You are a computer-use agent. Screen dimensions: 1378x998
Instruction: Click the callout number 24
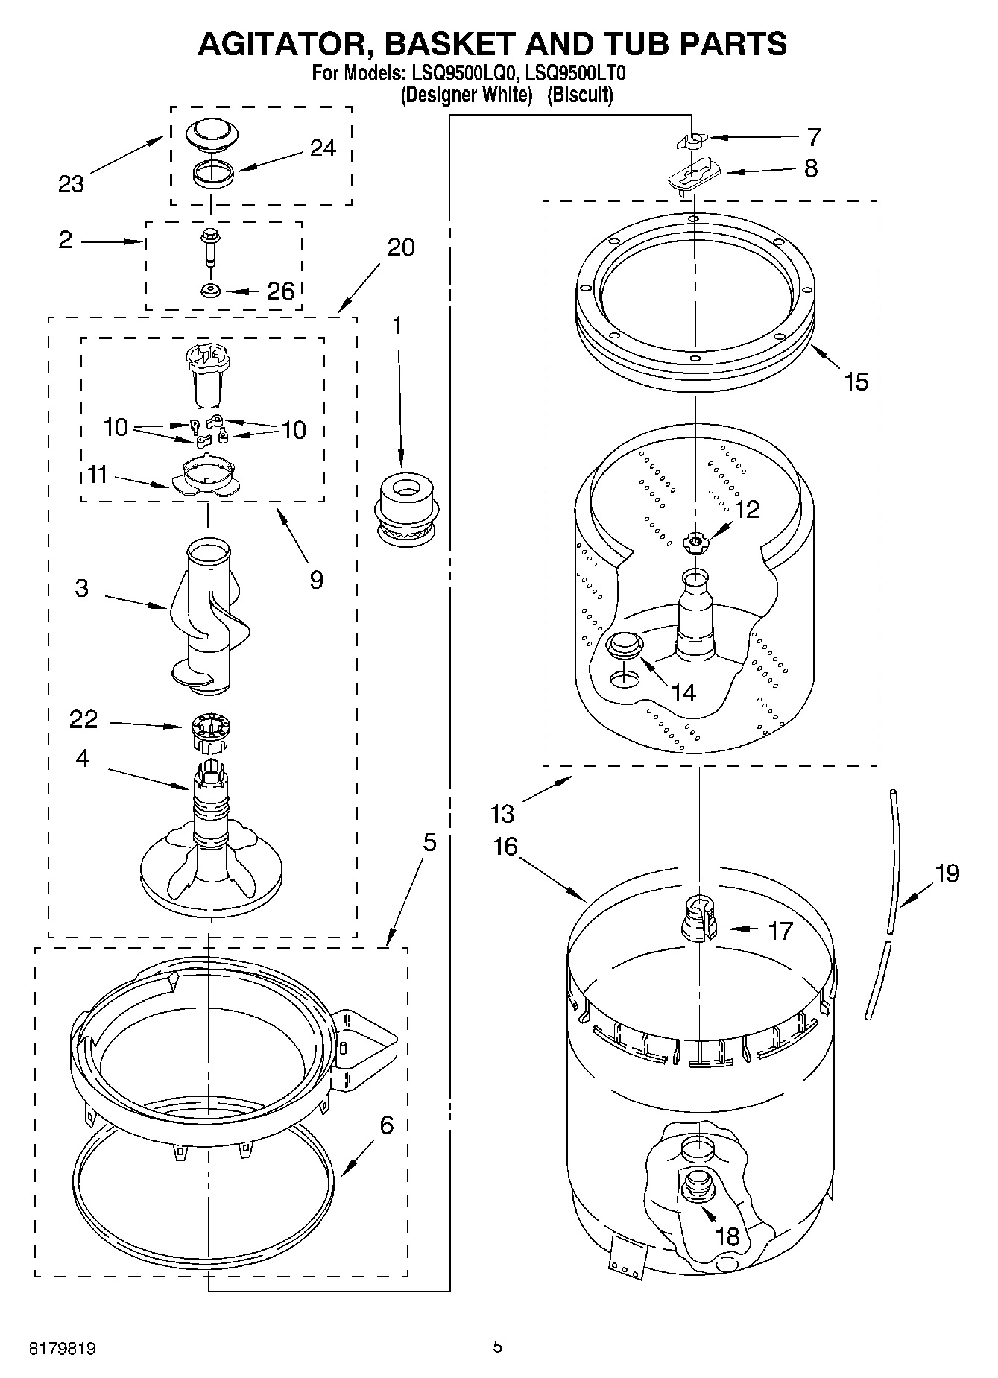pyautogui.click(x=322, y=148)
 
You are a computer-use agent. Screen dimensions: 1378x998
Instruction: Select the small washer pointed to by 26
pyautogui.click(x=211, y=290)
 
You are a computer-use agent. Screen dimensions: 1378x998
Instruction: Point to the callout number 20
pyautogui.click(x=401, y=247)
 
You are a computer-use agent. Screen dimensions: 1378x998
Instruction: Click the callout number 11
pyautogui.click(x=97, y=475)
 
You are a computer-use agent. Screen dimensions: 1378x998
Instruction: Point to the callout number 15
pyautogui.click(x=856, y=382)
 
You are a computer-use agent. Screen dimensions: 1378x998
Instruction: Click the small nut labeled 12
pyautogui.click(x=695, y=542)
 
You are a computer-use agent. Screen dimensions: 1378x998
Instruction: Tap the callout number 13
pyautogui.click(x=504, y=813)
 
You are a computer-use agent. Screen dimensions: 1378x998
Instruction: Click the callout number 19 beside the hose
pyautogui.click(x=947, y=873)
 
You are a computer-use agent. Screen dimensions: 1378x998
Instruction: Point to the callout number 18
pyautogui.click(x=727, y=1236)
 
